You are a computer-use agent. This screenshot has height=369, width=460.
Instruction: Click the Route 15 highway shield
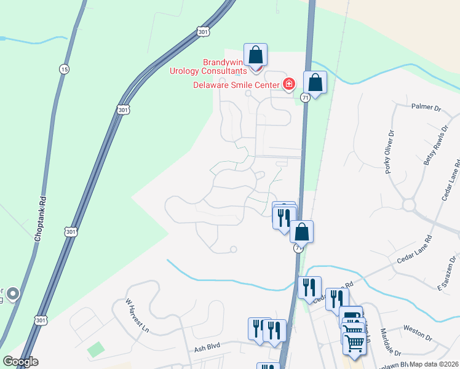(x=64, y=69)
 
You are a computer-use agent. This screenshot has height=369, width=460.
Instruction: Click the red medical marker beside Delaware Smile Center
(x=289, y=84)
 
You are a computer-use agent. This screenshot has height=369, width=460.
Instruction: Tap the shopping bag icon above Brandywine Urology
(x=255, y=55)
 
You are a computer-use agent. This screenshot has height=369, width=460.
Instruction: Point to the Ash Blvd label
(x=208, y=348)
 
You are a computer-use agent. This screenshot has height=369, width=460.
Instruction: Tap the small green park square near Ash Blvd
(x=95, y=350)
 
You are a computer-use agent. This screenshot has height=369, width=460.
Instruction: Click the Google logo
(x=20, y=362)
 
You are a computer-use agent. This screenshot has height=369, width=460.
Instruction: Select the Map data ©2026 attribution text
(x=433, y=364)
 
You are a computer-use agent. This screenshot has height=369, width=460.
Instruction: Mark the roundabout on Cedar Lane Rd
(x=410, y=204)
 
